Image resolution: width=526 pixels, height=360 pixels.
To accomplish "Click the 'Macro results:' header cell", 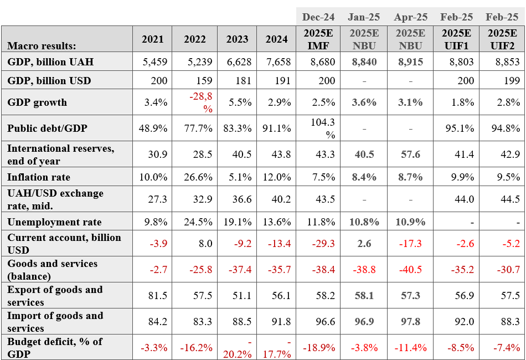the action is click(x=42, y=45).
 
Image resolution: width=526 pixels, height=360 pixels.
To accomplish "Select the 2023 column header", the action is click(x=237, y=39).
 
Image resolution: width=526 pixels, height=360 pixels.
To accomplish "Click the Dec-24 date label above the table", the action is click(x=318, y=17).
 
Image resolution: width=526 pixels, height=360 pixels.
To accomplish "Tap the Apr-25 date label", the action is click(x=411, y=17).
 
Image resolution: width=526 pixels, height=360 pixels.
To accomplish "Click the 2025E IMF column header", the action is click(x=318, y=39).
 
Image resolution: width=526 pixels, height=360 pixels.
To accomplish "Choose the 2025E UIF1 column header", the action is click(x=456, y=39).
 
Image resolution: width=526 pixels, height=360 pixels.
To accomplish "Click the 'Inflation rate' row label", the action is click(x=39, y=177).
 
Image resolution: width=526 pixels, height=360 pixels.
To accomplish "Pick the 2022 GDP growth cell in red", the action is click(x=201, y=102).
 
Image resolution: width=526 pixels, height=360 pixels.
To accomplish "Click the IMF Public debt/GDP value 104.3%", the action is click(x=323, y=128).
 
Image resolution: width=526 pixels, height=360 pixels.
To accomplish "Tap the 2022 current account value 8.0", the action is click(x=205, y=243).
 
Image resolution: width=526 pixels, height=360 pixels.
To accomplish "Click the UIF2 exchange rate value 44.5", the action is click(x=510, y=199).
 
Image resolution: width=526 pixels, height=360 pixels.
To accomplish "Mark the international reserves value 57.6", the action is click(x=411, y=155).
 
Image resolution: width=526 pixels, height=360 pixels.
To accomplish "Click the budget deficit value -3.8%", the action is click(x=364, y=348).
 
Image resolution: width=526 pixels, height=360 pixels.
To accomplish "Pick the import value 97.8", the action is click(x=411, y=321).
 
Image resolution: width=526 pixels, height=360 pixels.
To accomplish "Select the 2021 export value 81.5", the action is click(x=158, y=295).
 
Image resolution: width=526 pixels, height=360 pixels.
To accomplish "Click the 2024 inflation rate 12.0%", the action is click(x=277, y=177).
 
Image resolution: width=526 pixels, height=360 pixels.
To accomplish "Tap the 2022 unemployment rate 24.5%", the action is click(x=198, y=222).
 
